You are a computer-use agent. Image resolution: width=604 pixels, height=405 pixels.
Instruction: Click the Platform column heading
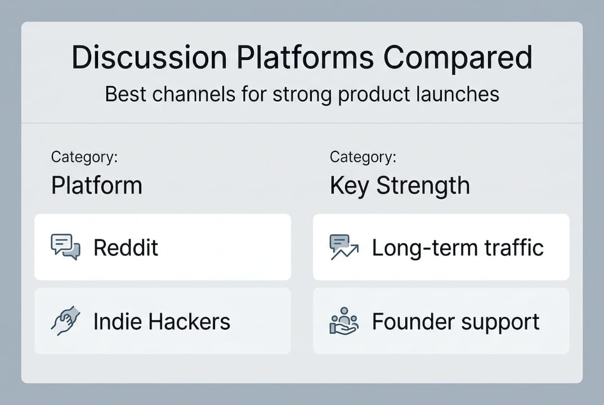[x=96, y=185]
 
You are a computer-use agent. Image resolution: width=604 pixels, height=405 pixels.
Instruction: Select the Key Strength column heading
[x=400, y=185]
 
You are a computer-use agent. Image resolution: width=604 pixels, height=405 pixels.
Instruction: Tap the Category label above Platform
[x=84, y=156]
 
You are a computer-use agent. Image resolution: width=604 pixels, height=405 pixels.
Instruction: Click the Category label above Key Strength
[x=363, y=156]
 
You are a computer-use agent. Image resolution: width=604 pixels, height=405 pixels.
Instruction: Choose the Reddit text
[x=126, y=247]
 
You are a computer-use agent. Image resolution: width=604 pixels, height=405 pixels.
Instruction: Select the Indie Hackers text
[x=162, y=322]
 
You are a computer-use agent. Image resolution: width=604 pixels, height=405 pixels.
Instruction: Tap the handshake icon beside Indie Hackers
[x=65, y=321]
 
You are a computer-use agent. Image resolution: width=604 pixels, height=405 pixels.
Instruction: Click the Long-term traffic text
[x=458, y=247]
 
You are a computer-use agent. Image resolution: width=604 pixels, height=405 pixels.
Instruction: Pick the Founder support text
[x=455, y=322]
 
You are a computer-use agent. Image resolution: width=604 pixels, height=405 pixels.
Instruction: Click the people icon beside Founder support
[x=343, y=321]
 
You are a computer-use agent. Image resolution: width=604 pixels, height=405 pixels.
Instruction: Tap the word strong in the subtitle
[x=302, y=94]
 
